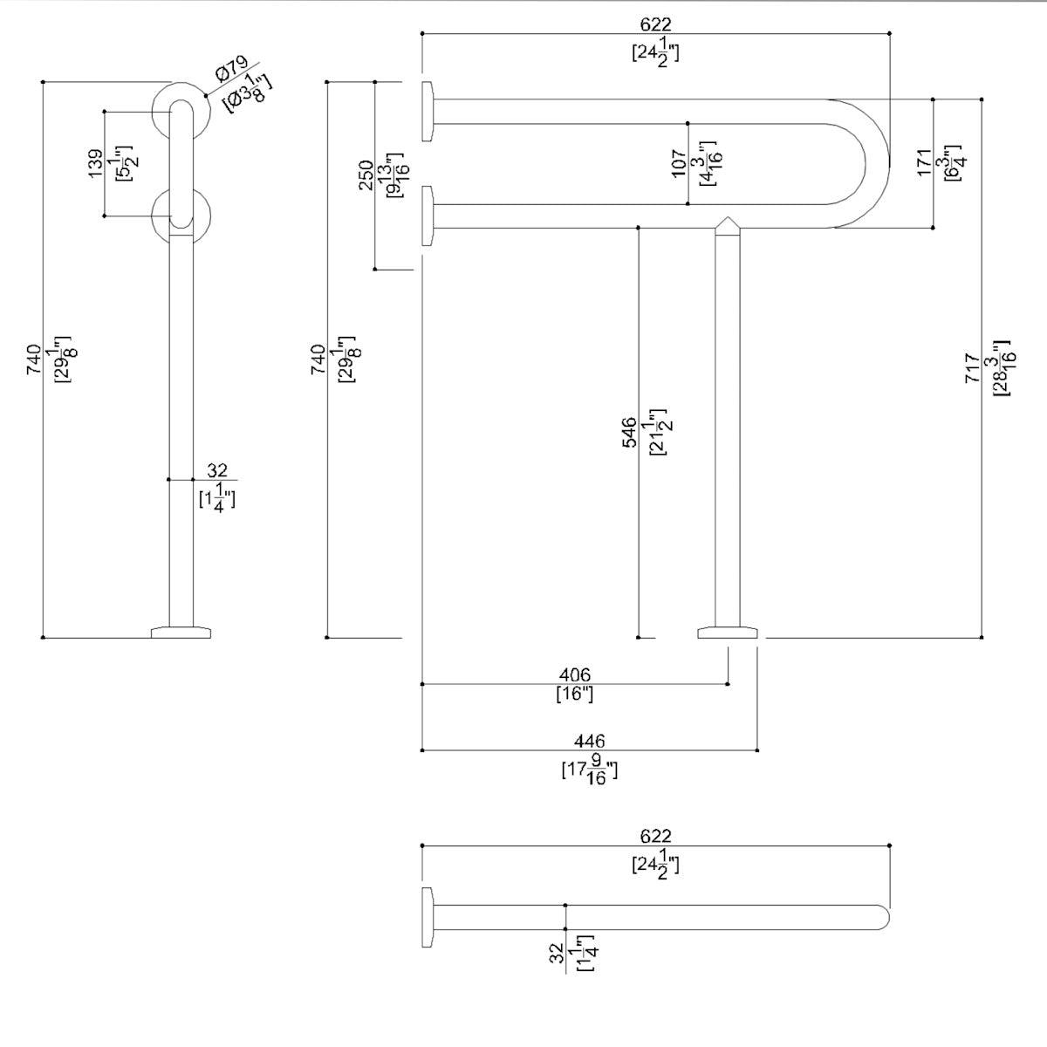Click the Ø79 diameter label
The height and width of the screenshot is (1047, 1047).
coord(230,70)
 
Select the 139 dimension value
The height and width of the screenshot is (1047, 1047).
coord(96,164)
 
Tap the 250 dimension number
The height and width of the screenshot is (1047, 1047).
coord(366,174)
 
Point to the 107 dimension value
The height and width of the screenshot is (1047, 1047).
coord(680,163)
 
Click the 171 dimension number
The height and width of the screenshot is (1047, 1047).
coord(925,162)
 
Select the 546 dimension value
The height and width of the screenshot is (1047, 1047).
coord(629,432)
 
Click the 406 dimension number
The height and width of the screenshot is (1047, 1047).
coord(574,674)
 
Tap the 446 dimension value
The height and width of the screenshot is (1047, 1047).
coord(590,741)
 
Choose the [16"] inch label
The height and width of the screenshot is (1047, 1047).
coord(574,695)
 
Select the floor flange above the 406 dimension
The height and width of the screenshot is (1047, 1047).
coord(729,633)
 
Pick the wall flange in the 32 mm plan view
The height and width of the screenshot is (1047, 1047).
coord(428,918)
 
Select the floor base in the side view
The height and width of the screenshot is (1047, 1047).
coord(181,632)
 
